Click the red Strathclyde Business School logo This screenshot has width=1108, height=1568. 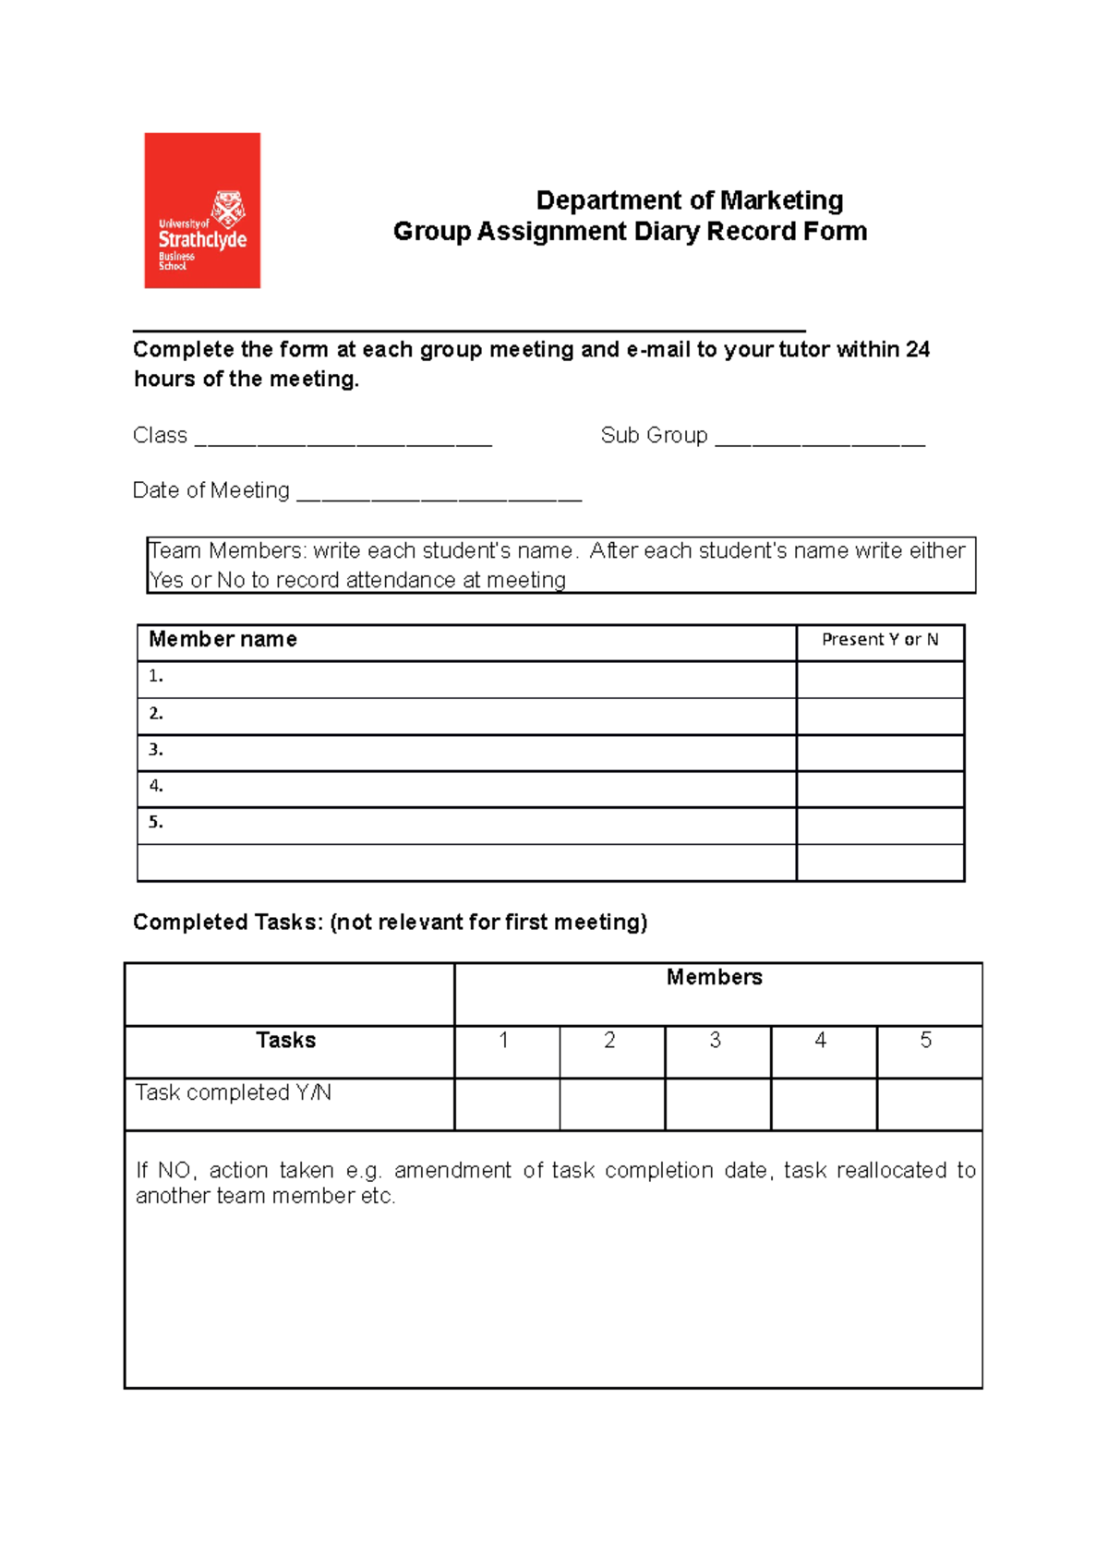click(x=202, y=211)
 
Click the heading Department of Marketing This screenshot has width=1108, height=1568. click(x=689, y=200)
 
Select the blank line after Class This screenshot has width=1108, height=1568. click(x=343, y=439)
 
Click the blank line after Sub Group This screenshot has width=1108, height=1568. click(x=820, y=439)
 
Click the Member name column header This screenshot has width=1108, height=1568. click(x=223, y=639)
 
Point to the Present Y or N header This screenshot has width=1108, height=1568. click(x=880, y=639)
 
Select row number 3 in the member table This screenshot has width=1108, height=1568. click(x=156, y=750)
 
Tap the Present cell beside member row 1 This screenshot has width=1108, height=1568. click(x=880, y=680)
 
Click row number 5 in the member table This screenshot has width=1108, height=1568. click(x=156, y=822)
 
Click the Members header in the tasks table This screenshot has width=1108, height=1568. click(x=714, y=977)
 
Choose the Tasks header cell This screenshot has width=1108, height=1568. click(x=285, y=1041)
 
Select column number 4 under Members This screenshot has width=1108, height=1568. click(x=820, y=1041)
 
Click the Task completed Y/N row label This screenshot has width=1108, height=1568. click(x=234, y=1092)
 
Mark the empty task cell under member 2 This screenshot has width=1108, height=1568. click(x=611, y=1104)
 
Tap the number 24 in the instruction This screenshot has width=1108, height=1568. click(x=917, y=349)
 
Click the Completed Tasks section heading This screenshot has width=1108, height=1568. click(x=390, y=922)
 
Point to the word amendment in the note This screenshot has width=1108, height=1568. click(x=452, y=1170)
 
